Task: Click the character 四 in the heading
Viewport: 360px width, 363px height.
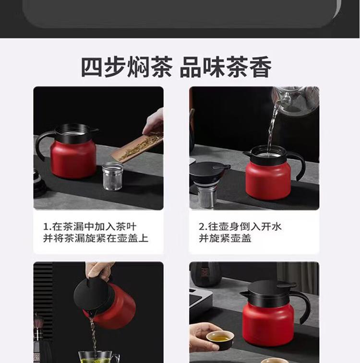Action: [93, 67]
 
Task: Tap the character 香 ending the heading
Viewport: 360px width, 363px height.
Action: [260, 67]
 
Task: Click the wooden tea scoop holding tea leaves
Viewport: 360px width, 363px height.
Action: [137, 145]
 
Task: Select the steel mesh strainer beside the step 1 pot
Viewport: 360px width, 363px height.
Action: [112, 176]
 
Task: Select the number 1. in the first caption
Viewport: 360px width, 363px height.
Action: [47, 226]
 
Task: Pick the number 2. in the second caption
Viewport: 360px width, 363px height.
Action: [203, 226]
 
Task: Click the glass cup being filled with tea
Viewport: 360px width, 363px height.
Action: [98, 358]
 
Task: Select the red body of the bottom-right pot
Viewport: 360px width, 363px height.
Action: [268, 324]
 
